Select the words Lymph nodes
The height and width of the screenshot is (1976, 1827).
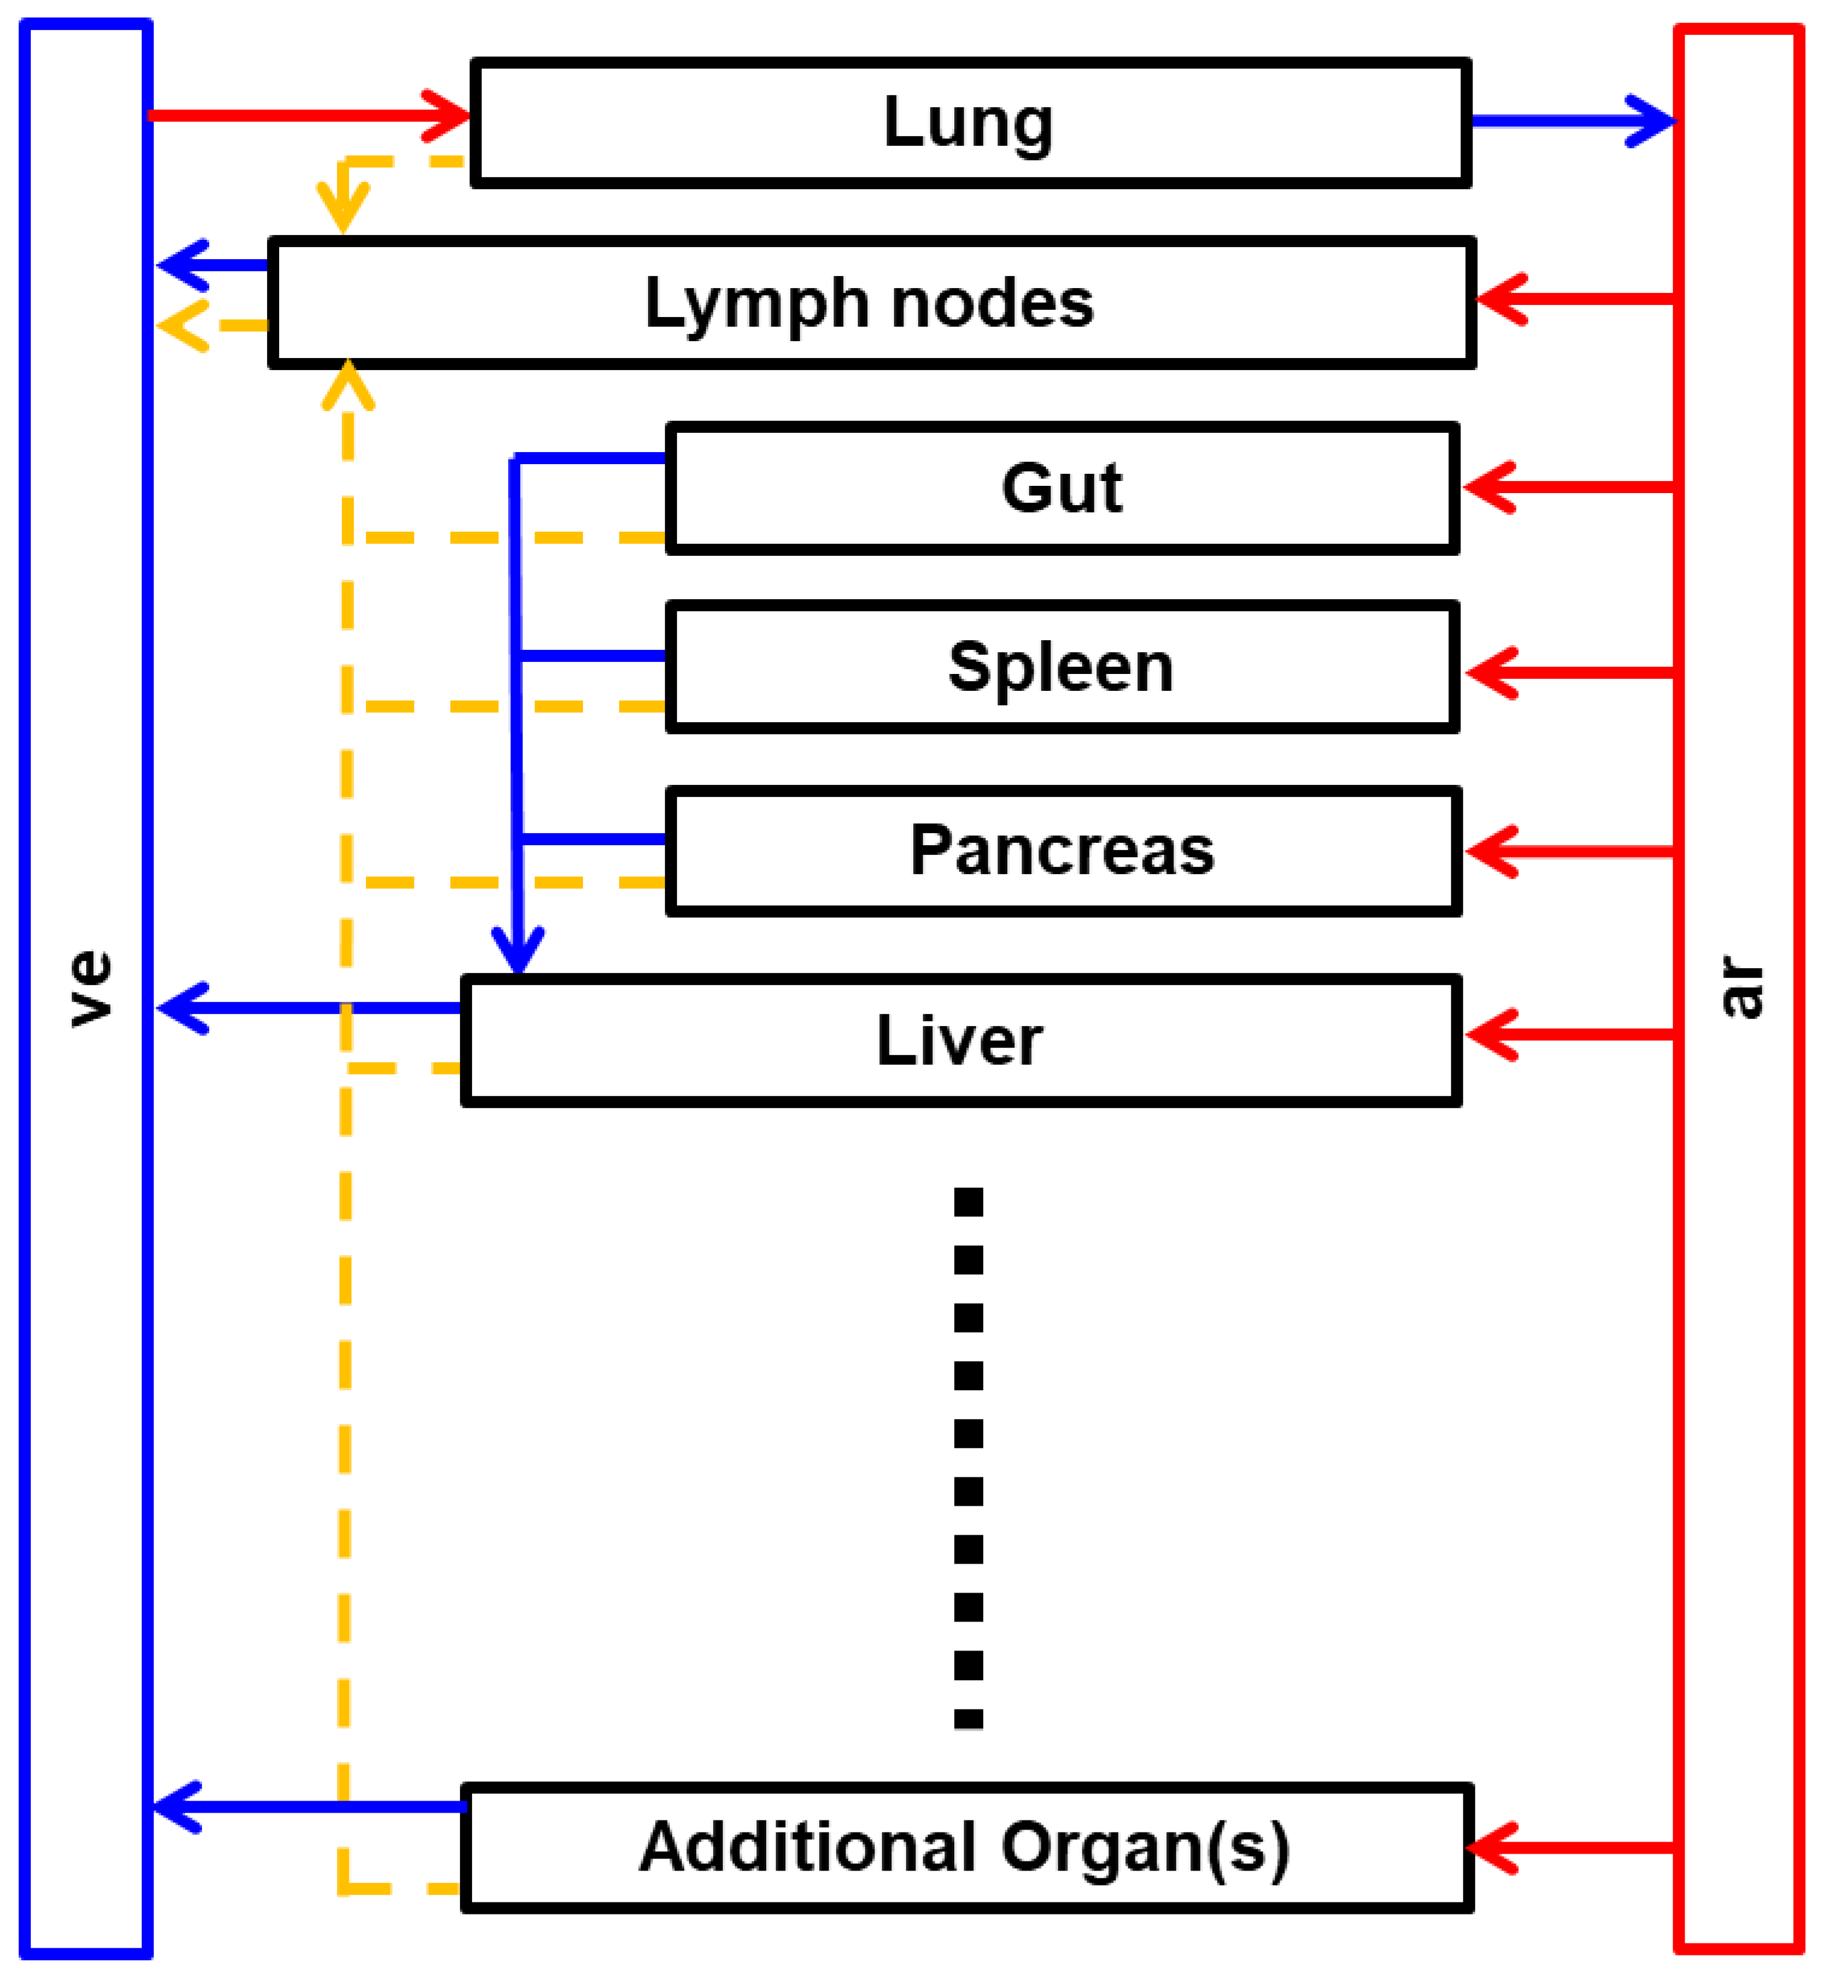869,303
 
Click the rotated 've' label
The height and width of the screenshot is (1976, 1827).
89,989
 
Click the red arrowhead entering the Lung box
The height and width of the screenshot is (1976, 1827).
450,116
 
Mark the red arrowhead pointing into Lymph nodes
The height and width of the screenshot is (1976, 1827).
1498,298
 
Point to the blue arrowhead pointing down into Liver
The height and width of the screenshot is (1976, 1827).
518,953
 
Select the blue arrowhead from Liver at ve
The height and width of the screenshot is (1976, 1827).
181,1008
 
